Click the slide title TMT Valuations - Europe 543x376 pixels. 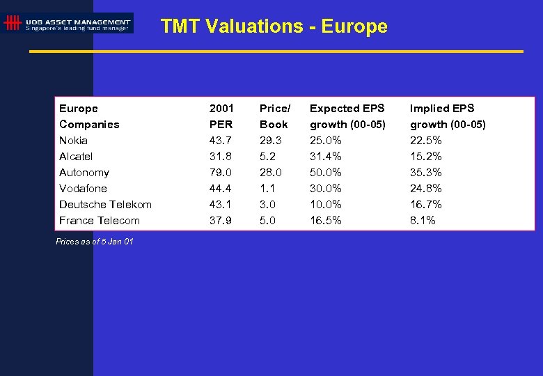pyautogui.click(x=274, y=26)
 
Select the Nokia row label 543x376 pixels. pyautogui.click(x=73, y=140)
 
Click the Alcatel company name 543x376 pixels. pyautogui.click(x=76, y=156)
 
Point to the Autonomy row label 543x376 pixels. pyautogui.click(x=84, y=172)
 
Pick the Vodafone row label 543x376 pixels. pyautogui.click(x=83, y=188)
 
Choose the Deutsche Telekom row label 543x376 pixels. pyautogui.click(x=105, y=204)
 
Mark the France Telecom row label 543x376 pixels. pyautogui.click(x=100, y=220)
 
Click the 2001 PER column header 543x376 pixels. pyautogui.click(x=221, y=116)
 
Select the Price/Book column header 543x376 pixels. pyautogui.click(x=274, y=116)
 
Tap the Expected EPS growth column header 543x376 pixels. pyautogui.click(x=347, y=116)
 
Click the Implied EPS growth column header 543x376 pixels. pyautogui.click(x=448, y=116)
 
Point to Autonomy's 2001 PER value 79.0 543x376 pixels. pyautogui.click(x=220, y=172)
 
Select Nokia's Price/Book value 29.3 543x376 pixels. pyautogui.click(x=271, y=140)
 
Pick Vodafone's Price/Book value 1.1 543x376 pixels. pyautogui.click(x=267, y=188)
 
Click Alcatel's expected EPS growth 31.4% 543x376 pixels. pyautogui.click(x=326, y=156)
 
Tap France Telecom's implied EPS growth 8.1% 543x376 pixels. pyautogui.click(x=423, y=220)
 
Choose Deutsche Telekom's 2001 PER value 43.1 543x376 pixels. pyautogui.click(x=220, y=204)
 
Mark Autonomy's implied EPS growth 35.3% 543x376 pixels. pyautogui.click(x=425, y=172)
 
